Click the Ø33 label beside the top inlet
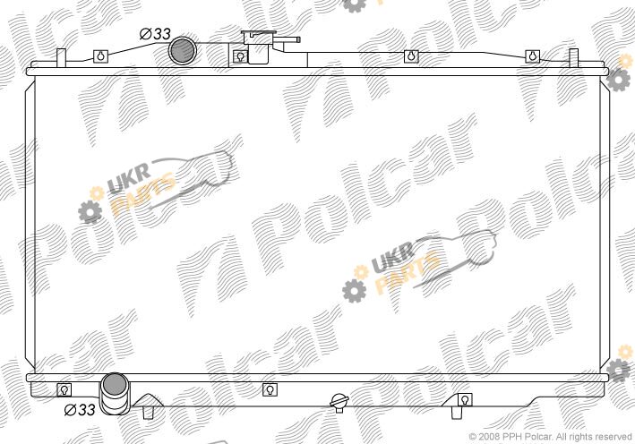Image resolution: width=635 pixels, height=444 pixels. [x=155, y=34]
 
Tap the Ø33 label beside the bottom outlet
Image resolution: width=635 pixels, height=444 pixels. [x=80, y=410]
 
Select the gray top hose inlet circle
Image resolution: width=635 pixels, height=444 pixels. [x=182, y=51]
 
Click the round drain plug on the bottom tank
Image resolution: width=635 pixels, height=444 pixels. [x=339, y=402]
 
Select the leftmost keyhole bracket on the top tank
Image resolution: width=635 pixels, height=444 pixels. [x=101, y=56]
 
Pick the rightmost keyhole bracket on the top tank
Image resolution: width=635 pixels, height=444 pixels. [x=533, y=56]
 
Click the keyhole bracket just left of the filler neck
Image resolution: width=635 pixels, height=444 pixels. [x=241, y=56]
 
